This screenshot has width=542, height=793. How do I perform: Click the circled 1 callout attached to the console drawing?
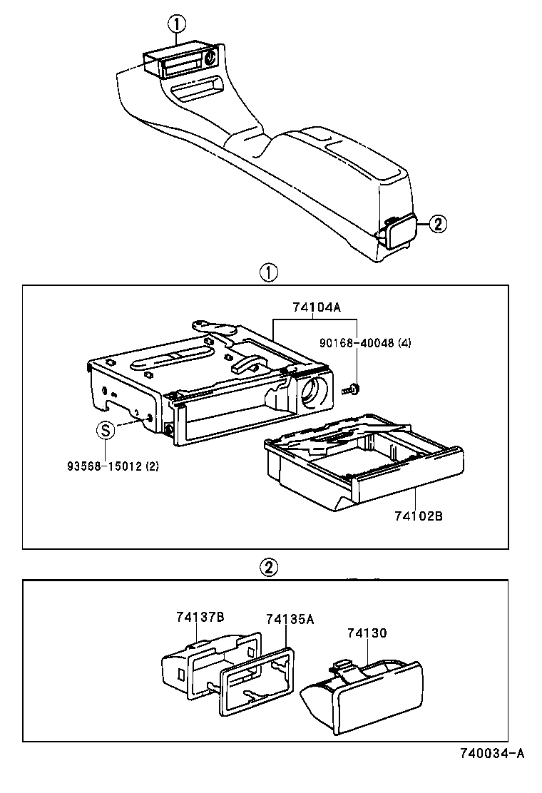[x=176, y=24]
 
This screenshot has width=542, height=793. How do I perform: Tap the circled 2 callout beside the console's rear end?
[x=437, y=224]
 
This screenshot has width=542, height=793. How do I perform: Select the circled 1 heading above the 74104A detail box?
[x=267, y=272]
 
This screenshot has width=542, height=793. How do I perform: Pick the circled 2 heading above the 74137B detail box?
[x=267, y=568]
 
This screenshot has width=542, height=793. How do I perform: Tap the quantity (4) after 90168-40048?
[x=405, y=343]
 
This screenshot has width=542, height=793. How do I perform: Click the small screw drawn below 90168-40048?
[x=352, y=389]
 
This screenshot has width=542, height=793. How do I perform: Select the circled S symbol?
[x=106, y=430]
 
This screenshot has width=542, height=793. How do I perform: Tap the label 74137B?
[x=201, y=616]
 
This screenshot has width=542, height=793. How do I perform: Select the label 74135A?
[x=290, y=620]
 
